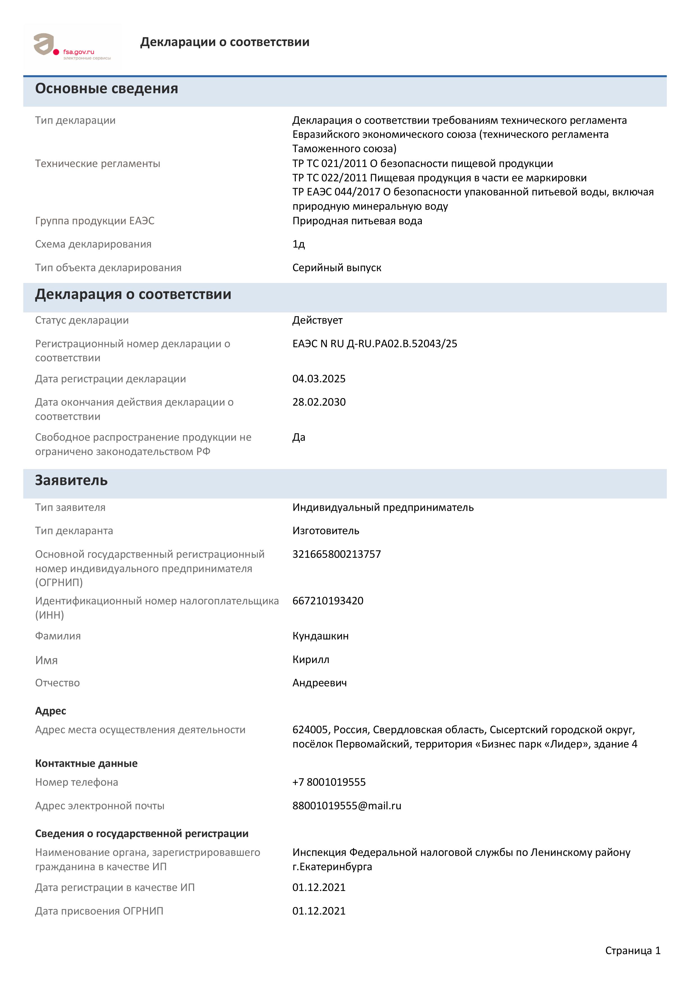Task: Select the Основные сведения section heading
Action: coord(106,88)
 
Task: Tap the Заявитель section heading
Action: coord(71,481)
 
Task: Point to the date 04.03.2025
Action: coord(319,379)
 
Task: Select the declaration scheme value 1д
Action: coord(299,244)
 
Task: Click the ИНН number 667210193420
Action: coord(328,601)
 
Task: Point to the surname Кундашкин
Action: coord(320,636)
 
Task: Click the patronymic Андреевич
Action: coord(319,683)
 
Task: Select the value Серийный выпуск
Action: coord(337,268)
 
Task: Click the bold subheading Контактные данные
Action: coord(86,763)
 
